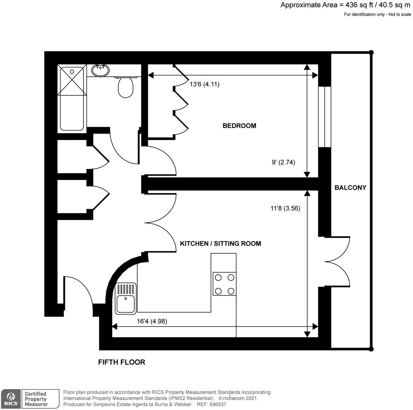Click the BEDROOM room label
(239, 126)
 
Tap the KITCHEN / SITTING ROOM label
(220, 243)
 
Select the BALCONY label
(350, 188)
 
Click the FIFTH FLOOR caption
(121, 362)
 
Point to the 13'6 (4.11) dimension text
(205, 84)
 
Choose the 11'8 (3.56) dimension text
(285, 208)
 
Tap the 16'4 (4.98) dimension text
(152, 321)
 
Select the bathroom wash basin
(101, 70)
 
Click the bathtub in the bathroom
(72, 99)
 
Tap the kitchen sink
(126, 299)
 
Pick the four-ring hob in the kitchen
(224, 284)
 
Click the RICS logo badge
(10, 399)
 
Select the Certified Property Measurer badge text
(36, 399)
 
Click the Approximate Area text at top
(345, 5)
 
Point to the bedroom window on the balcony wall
(325, 117)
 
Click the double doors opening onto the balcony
(337, 262)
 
